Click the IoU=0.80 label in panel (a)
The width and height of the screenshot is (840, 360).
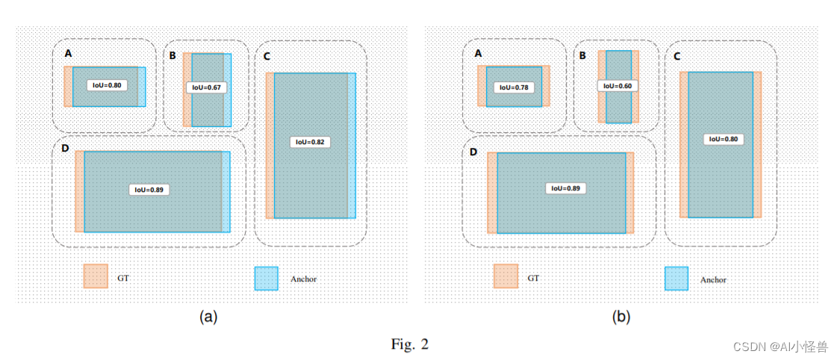point(107,85)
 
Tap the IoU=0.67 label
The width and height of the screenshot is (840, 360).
point(206,87)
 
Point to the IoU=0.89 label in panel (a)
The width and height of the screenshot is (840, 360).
point(149,190)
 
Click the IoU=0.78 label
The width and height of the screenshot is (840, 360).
point(514,87)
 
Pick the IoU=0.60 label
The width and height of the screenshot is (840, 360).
point(618,86)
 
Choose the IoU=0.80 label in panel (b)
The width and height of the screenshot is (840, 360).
point(724,139)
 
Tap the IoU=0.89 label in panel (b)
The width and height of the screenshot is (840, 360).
point(564,188)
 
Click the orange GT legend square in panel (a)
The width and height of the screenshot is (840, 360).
point(96,276)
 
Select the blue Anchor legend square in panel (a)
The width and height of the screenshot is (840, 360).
point(266,279)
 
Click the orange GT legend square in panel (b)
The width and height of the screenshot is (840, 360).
point(505,276)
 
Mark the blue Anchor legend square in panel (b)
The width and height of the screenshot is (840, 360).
point(676,279)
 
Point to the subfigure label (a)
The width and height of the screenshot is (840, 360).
point(208,317)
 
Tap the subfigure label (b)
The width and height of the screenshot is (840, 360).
point(620,317)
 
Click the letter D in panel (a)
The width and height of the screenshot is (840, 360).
point(65,149)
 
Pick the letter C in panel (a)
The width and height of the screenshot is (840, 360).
point(267,56)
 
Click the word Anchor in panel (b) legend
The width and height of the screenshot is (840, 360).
point(713,280)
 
